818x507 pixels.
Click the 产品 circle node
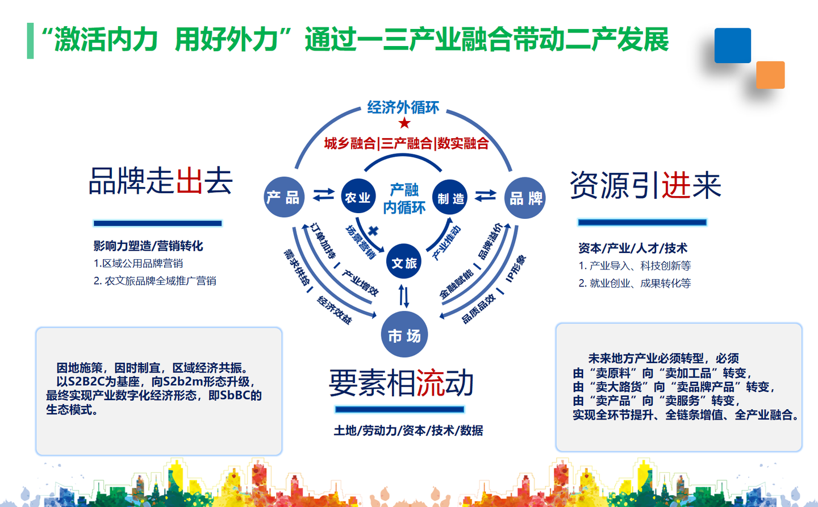coord(284,197)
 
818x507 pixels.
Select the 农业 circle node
coord(358,197)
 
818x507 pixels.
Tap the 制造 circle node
coord(450,198)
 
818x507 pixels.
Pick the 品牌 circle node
coord(525,198)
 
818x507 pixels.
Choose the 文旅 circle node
coord(404,262)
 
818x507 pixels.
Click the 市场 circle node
coord(404,335)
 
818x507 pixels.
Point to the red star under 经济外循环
coord(404,123)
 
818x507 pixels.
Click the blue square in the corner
coord(732,45)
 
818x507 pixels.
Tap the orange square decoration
coord(770,75)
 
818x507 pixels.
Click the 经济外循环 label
coord(403,107)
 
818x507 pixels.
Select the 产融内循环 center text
coord(404,198)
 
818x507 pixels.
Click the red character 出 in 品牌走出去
coord(190,181)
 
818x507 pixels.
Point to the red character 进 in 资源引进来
coord(676,185)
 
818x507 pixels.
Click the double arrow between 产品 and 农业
coord(323,194)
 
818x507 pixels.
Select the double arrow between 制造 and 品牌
coord(486,195)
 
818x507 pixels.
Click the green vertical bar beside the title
coord(30,40)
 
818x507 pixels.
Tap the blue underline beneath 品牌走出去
coord(157,223)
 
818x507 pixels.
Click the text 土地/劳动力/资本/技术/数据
coord(408,430)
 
